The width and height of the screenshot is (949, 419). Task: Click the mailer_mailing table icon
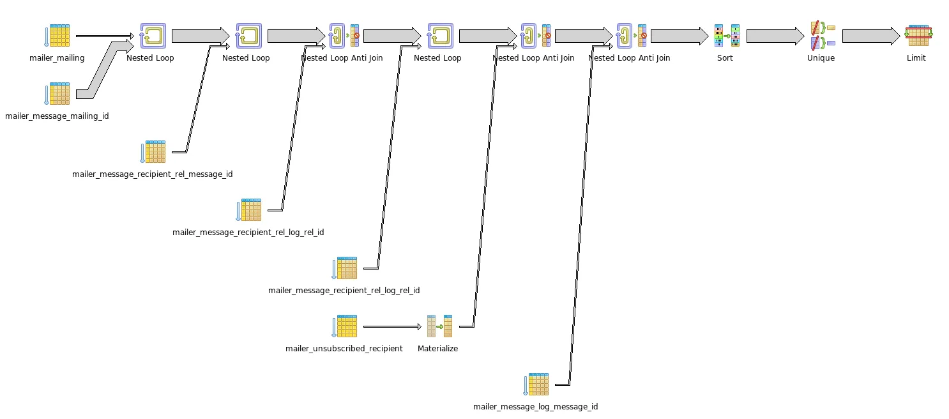pyautogui.click(x=57, y=36)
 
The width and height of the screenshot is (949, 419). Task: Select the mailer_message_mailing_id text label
pyautogui.click(x=57, y=116)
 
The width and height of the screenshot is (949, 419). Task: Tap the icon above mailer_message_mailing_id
pyautogui.click(x=57, y=94)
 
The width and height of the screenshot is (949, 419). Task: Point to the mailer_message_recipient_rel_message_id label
pyautogui.click(x=153, y=174)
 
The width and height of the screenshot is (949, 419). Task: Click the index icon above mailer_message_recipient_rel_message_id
pyautogui.click(x=153, y=152)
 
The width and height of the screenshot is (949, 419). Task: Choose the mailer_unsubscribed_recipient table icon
pyautogui.click(x=345, y=326)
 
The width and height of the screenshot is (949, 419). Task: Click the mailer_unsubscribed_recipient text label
pyautogui.click(x=344, y=349)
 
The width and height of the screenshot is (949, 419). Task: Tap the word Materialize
pyautogui.click(x=438, y=349)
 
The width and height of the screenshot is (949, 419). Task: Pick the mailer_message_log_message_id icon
pyautogui.click(x=536, y=385)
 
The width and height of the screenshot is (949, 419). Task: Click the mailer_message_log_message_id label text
pyautogui.click(x=536, y=407)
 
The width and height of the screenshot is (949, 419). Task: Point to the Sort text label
pyautogui.click(x=725, y=58)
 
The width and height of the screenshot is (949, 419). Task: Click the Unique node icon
pyautogui.click(x=822, y=36)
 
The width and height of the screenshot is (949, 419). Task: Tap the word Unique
pyautogui.click(x=821, y=58)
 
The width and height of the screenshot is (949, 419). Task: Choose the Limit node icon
pyautogui.click(x=918, y=36)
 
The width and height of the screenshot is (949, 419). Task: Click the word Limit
pyautogui.click(x=916, y=58)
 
